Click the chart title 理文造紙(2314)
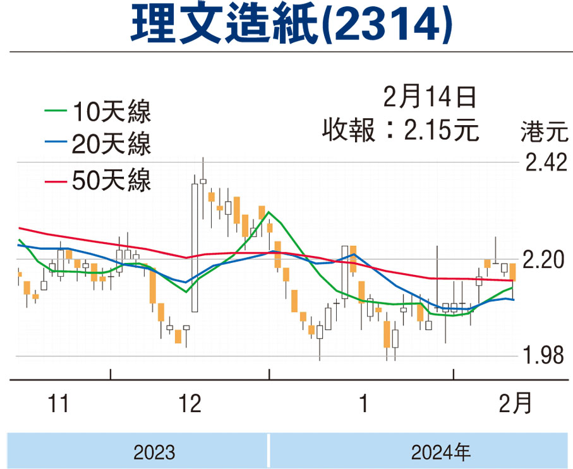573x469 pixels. [291, 24]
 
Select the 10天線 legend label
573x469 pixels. [111, 111]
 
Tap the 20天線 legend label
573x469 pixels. [111, 143]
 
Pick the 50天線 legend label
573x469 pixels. [111, 180]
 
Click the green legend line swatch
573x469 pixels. [56, 111]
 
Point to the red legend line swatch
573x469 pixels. [56, 181]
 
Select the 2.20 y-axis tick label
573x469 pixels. [543, 260]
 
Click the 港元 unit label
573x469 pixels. [545, 131]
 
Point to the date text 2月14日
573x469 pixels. [430, 97]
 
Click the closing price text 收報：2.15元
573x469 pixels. [401, 130]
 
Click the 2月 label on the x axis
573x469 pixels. [516, 403]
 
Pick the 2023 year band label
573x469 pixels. [154, 452]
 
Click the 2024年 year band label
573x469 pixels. [441, 452]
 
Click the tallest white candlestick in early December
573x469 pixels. [195, 248]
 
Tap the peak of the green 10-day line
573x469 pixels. [268, 212]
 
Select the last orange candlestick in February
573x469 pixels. [513, 272]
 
